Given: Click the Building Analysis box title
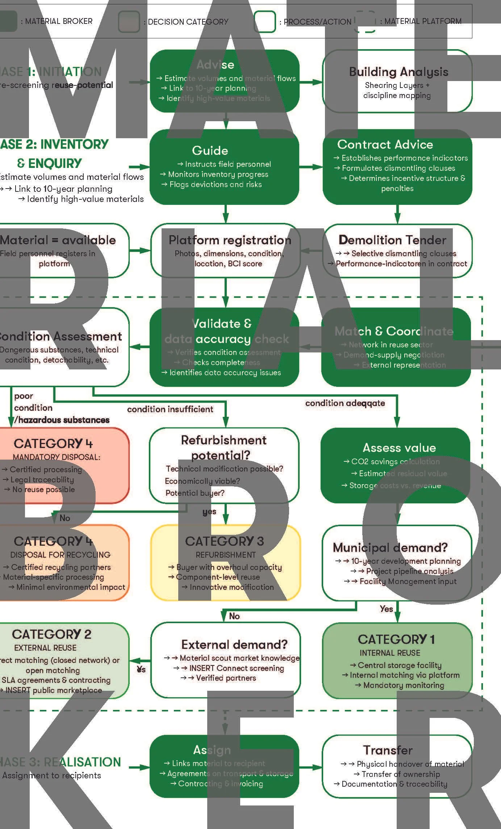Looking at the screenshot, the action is coord(398,72).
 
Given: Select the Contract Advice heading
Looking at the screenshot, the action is coord(385,145).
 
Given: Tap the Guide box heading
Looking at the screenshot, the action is coord(210,151).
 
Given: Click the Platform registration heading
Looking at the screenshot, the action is coord(230,240).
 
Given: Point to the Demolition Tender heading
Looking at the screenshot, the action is coord(392,240).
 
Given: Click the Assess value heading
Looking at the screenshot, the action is coord(399,448).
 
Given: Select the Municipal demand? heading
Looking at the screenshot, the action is coord(390,547).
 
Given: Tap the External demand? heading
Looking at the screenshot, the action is coord(234,644).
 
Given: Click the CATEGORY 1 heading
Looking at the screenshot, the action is coord(396,639).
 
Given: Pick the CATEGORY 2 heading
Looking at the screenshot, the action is coord(51,634).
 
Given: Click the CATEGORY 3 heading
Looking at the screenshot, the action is coord(224,541).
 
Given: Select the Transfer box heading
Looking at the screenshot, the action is coord(388,750).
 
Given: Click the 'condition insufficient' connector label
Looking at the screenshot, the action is coord(170,409).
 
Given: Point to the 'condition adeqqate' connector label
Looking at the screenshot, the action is coord(345,403).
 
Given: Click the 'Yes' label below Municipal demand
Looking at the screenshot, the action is coord(386,609).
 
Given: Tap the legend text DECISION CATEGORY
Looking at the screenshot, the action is coord(188,22).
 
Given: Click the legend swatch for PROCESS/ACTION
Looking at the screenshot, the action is coord(264,21).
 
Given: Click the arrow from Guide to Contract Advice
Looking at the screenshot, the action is coord(311,167).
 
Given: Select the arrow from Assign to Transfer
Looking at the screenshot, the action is coord(310,767).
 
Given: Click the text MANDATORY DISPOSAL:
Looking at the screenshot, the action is coord(57,457).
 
